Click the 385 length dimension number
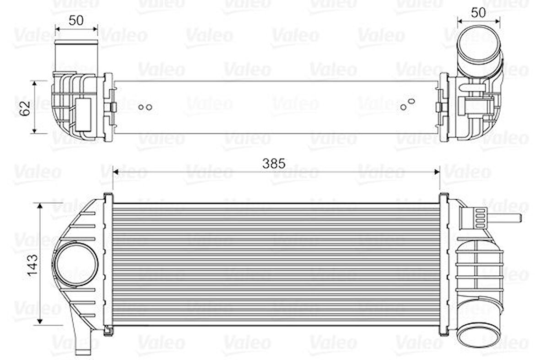pyautogui.click(x=274, y=163)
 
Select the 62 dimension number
pyautogui.click(x=26, y=108)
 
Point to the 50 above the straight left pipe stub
pyautogui.click(x=76, y=20)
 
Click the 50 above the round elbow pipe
pyautogui.click(x=478, y=12)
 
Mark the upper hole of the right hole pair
pyautogui.click(x=411, y=101)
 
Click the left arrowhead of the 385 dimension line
pyautogui.click(x=116, y=172)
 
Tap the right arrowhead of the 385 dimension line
pyautogui.click(x=436, y=172)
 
